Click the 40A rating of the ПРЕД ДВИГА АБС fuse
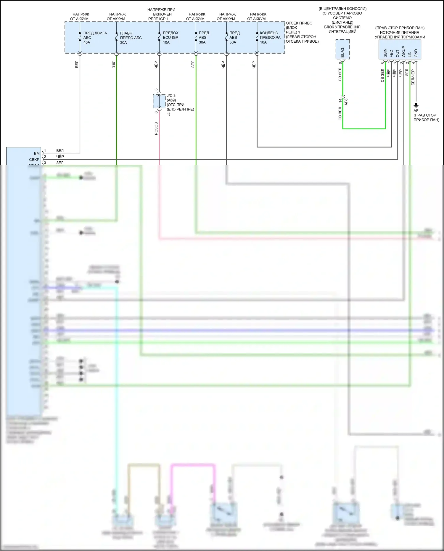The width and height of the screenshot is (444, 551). point(87,43)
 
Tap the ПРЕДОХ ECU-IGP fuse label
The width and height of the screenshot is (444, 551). point(170,35)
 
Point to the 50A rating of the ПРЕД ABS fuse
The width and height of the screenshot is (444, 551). point(233,42)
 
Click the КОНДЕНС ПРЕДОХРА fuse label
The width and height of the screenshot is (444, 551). point(270,35)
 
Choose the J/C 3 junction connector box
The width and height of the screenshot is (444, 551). point(159,101)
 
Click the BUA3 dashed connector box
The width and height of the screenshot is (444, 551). point(342,49)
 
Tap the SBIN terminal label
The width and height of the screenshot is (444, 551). point(385,53)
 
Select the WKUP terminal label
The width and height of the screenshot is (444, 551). point(403,52)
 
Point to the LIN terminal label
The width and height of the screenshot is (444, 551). point(410,54)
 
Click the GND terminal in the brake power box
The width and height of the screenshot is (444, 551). point(416,53)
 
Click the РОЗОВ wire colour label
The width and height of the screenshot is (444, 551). point(156,128)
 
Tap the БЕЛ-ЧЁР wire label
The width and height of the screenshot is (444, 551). point(413,78)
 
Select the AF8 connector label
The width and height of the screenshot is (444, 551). point(346,102)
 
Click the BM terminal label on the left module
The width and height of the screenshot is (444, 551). point(37,153)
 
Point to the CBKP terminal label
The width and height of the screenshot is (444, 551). point(34,160)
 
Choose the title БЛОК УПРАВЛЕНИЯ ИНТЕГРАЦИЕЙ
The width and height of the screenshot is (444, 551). point(342,29)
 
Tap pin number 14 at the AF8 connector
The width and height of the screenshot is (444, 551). point(340,101)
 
